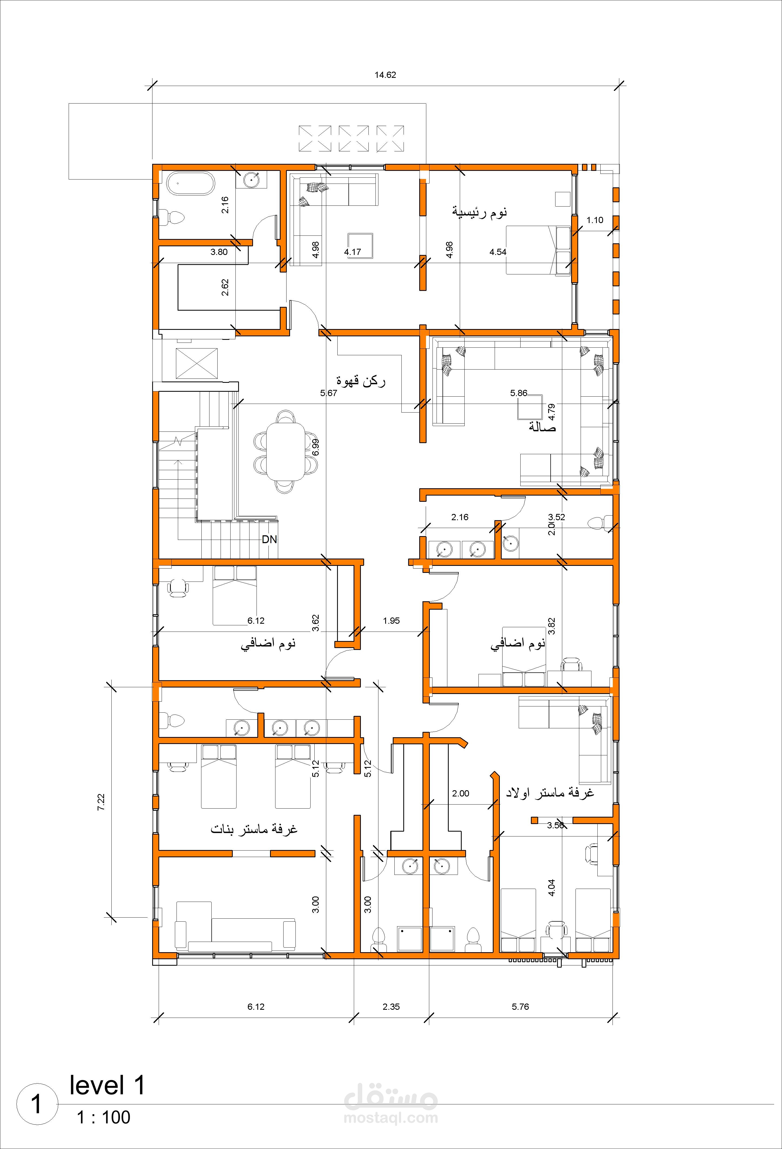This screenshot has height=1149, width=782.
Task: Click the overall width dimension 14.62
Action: tap(385, 75)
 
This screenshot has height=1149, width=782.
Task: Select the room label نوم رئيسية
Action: tap(480, 212)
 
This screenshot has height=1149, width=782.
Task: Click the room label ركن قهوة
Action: tap(361, 381)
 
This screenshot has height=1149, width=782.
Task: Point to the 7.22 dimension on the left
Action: tap(101, 802)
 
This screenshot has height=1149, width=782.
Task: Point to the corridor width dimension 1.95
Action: tap(391, 620)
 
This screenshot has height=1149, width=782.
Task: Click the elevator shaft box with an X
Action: tap(196, 363)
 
